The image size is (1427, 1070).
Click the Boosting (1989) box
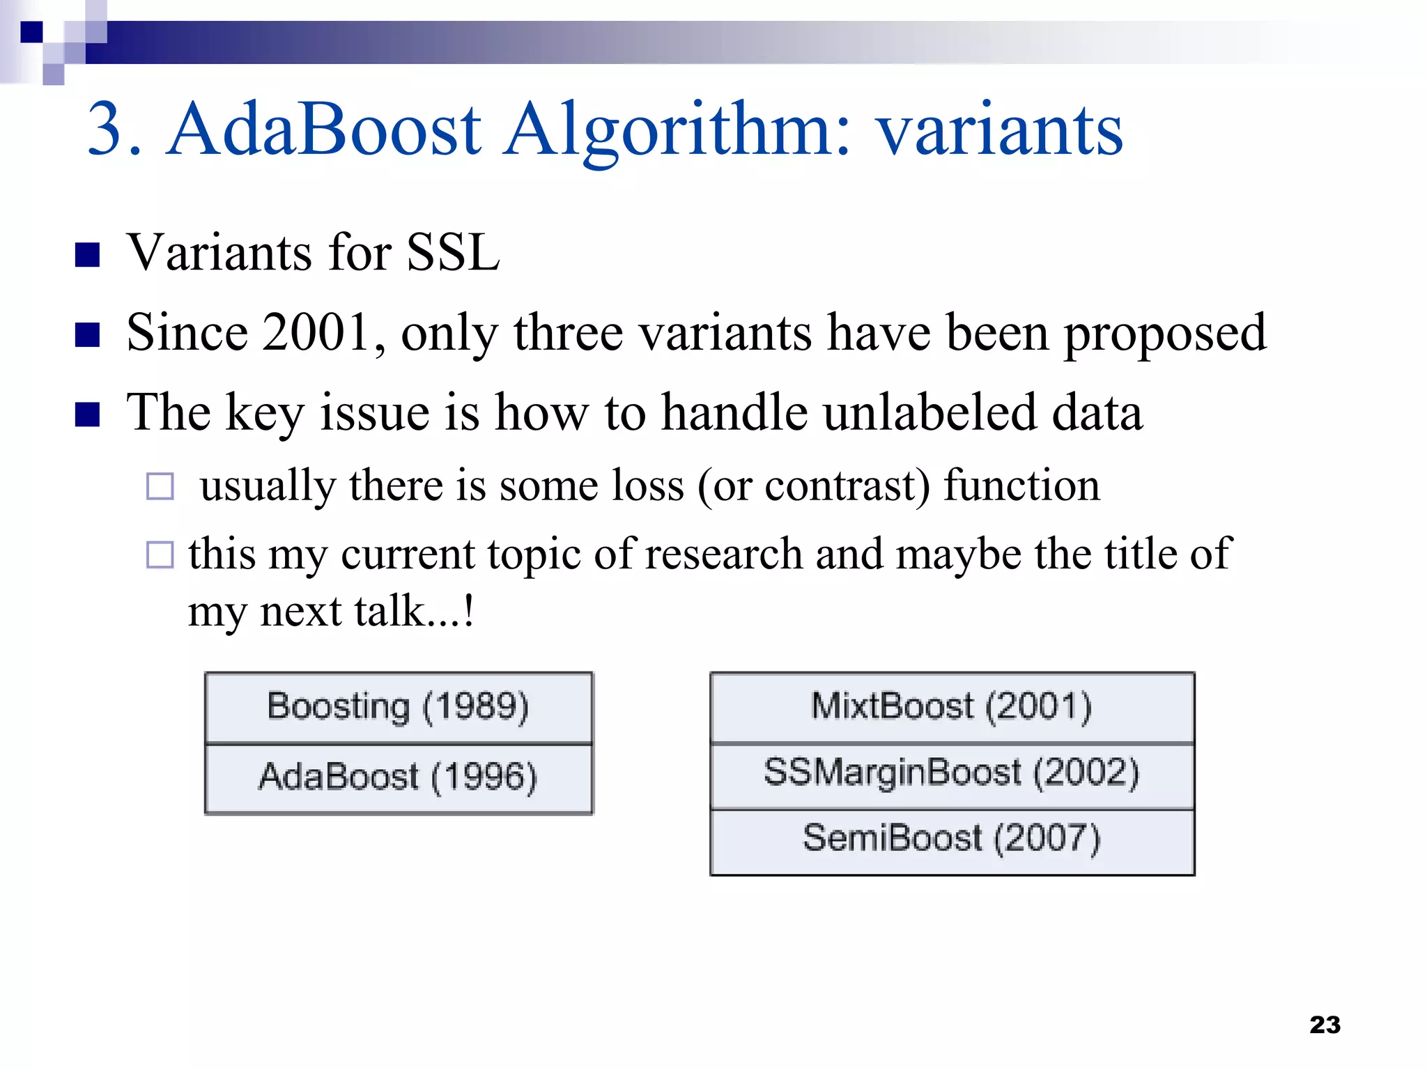click(x=398, y=707)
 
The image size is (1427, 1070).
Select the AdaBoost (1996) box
click(x=398, y=777)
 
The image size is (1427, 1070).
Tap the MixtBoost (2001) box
click(x=952, y=706)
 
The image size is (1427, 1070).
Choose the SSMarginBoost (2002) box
click(x=952, y=773)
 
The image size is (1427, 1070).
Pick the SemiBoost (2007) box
click(x=952, y=839)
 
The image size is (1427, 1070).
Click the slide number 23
click(x=1325, y=1025)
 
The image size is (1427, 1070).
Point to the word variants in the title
click(x=1000, y=131)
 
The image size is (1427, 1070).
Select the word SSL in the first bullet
click(x=453, y=252)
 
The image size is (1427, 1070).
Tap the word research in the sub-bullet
click(x=724, y=555)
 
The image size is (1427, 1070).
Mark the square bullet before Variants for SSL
click(x=88, y=255)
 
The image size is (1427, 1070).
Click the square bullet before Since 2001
click(x=88, y=335)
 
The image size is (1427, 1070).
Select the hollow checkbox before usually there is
click(x=160, y=486)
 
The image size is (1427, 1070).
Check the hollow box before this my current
click(x=160, y=555)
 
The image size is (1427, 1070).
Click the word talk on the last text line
click(x=389, y=612)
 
